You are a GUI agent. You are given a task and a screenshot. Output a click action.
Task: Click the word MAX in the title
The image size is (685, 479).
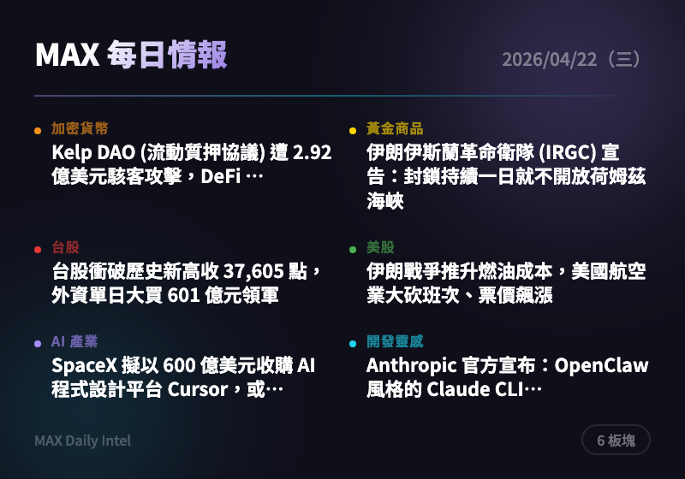[x=68, y=56]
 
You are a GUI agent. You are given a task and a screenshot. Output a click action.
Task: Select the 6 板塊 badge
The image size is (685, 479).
[x=616, y=440]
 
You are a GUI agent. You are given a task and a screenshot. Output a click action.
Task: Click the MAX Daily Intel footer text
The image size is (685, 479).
[x=83, y=441]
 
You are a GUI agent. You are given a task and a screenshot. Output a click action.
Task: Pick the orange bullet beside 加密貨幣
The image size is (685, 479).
[x=38, y=131]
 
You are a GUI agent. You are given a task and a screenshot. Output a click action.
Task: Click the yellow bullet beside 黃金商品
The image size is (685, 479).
[x=353, y=131]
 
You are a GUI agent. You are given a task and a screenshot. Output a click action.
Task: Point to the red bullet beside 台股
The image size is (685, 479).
[x=38, y=250]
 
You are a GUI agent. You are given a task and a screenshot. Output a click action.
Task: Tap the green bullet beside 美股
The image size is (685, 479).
[x=353, y=250]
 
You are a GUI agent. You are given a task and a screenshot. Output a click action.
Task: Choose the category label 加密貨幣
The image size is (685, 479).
[x=80, y=129]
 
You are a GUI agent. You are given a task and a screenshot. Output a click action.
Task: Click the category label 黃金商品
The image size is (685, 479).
[x=395, y=129]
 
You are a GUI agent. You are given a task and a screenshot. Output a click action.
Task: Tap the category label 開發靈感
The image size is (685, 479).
[x=395, y=342]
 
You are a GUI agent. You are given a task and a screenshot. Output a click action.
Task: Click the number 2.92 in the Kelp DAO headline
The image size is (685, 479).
[x=312, y=154]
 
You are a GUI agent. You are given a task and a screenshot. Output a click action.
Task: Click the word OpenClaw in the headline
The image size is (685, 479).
[x=602, y=367]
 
